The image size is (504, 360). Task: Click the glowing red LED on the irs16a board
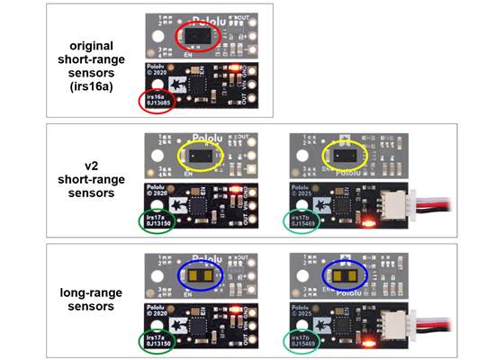pyautogui.click(x=232, y=68)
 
